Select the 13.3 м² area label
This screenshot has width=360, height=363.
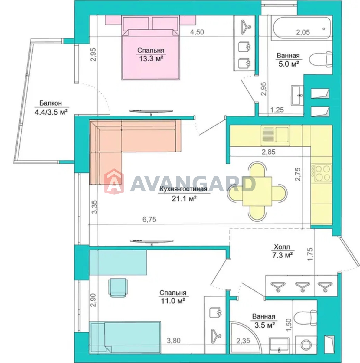tap(151, 59)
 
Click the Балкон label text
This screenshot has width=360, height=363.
tap(51, 103)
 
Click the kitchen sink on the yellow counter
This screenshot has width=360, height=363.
tap(275, 136)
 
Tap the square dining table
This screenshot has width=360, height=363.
tap(257, 191)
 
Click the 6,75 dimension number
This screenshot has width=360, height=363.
tap(149, 219)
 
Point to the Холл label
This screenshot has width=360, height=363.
tap(282, 247)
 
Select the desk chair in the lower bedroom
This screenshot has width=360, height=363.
tap(118, 288)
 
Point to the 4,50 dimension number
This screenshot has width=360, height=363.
tap(197, 32)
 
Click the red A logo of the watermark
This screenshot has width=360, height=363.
tap(114, 181)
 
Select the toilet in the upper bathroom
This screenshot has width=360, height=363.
tap(321, 59)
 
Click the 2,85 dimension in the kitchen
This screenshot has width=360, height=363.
tap(269, 152)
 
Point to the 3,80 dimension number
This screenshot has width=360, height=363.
tap(174, 346)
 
